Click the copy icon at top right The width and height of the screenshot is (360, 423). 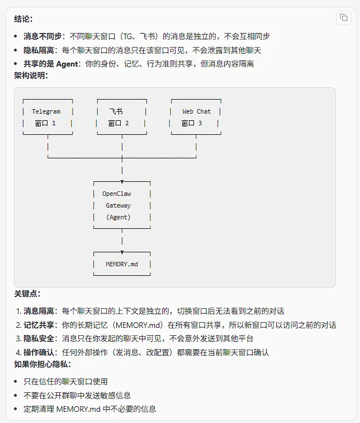pos(343,18)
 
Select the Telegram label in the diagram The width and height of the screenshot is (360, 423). pos(46,111)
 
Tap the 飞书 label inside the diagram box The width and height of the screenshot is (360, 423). pos(116,111)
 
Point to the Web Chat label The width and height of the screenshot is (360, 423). pos(196,111)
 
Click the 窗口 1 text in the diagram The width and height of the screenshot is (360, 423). pos(45,123)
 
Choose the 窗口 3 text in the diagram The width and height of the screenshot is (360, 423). pos(192,123)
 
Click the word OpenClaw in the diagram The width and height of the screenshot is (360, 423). pos(117,194)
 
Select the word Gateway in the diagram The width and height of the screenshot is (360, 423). pos(119,205)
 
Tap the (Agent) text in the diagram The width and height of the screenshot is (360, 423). pos(118,217)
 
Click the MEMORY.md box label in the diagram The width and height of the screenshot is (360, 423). pos(122,264)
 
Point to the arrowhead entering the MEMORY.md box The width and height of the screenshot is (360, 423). pos(122,252)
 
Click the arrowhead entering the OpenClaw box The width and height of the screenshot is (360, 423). pos(122,182)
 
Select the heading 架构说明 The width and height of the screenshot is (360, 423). pos(31,76)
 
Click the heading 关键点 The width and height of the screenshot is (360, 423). pos(27,293)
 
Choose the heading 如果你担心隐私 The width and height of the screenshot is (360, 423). pos(42,364)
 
